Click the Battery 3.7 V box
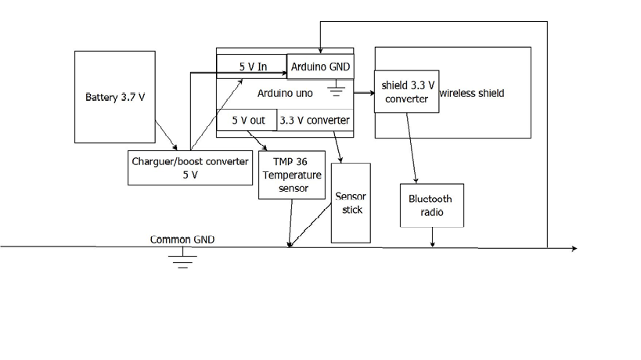click(x=114, y=97)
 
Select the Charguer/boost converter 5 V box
click(x=190, y=167)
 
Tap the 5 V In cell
click(x=252, y=67)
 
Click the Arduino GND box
click(x=320, y=67)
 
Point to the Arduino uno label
click(x=285, y=93)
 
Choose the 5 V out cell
click(x=247, y=121)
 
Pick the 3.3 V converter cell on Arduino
click(x=314, y=121)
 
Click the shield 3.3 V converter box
click(x=407, y=91)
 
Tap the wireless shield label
click(x=472, y=93)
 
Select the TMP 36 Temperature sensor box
click(x=292, y=175)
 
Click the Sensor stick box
click(x=351, y=203)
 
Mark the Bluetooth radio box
click(x=431, y=205)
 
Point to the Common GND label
click(x=182, y=239)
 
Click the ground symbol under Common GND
click(x=182, y=259)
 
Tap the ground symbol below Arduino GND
click(x=337, y=90)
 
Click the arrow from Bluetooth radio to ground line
click(x=432, y=237)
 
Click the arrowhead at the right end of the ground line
click(x=574, y=248)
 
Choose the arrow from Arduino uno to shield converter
click(x=364, y=92)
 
